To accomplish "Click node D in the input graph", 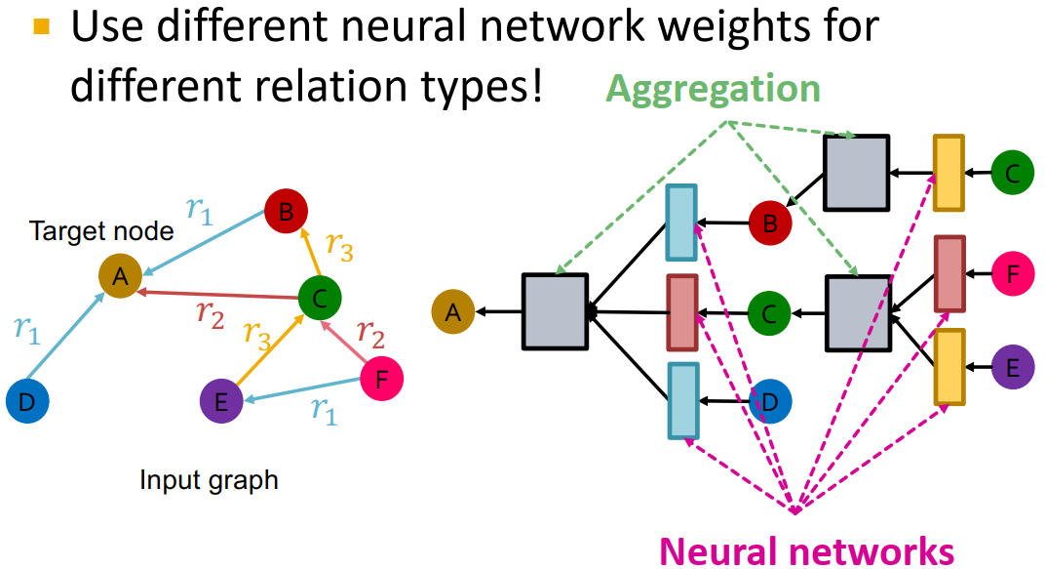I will click(26, 402).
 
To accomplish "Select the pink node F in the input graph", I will click(383, 378).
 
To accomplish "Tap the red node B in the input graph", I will click(286, 214).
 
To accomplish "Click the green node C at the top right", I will click(1013, 174).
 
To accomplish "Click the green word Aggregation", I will click(713, 89).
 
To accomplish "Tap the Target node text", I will click(101, 232).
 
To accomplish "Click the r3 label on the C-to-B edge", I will click(340, 246).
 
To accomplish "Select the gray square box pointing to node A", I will click(555, 311).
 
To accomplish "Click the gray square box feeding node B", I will click(856, 173).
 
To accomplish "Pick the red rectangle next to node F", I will click(949, 273).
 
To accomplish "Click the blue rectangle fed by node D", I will click(682, 400).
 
